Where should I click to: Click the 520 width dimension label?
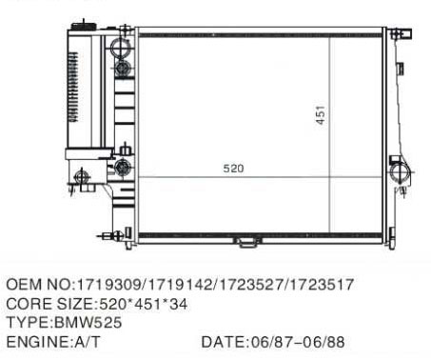(x=233, y=169)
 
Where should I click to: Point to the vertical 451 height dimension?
(x=321, y=115)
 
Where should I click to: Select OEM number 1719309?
(x=108, y=284)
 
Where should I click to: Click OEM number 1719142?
(x=180, y=284)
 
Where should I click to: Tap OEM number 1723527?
(x=250, y=284)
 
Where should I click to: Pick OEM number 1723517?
(x=322, y=284)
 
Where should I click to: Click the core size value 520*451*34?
(x=144, y=304)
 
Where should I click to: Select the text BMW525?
(x=88, y=323)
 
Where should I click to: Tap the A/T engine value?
(x=87, y=342)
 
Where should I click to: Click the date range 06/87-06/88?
(x=298, y=342)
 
